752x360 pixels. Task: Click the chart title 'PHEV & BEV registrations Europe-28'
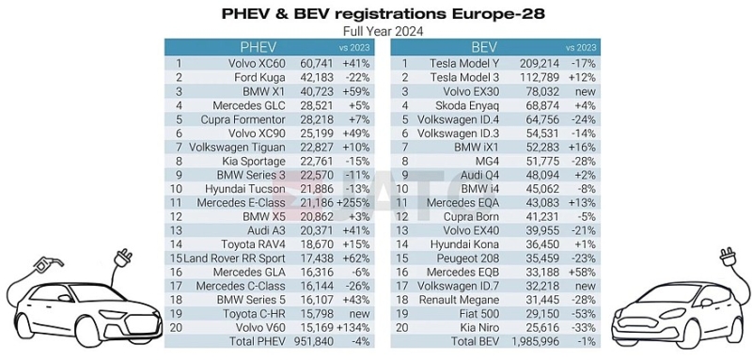(x=375, y=13)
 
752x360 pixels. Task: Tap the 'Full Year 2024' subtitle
(x=375, y=30)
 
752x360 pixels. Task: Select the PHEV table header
(x=258, y=47)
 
